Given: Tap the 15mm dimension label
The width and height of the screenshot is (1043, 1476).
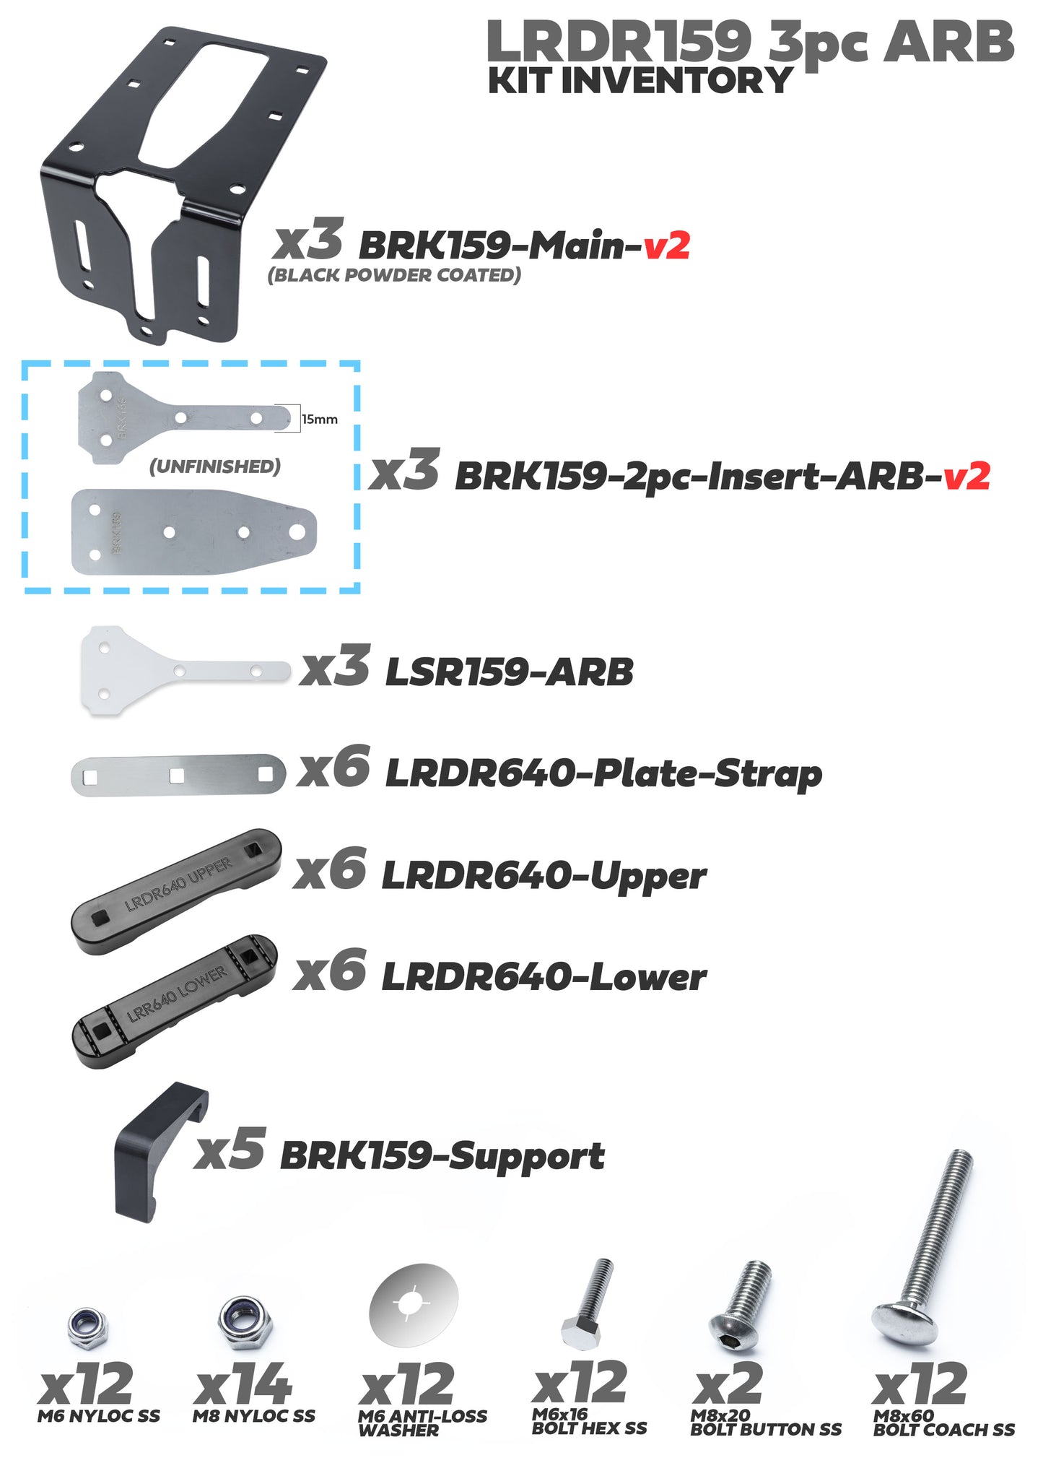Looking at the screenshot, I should [x=319, y=420].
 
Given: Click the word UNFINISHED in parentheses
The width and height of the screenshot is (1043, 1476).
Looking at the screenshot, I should [x=214, y=466].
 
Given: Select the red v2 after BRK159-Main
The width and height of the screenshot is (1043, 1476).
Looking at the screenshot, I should [x=666, y=246].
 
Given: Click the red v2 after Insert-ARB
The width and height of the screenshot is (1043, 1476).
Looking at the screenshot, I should [x=966, y=476].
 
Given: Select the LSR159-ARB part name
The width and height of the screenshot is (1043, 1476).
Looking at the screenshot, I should [x=509, y=672].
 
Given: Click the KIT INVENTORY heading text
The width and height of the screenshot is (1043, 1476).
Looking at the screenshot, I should [x=640, y=80].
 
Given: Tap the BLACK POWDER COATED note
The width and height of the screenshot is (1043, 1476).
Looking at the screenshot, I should [x=394, y=275].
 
